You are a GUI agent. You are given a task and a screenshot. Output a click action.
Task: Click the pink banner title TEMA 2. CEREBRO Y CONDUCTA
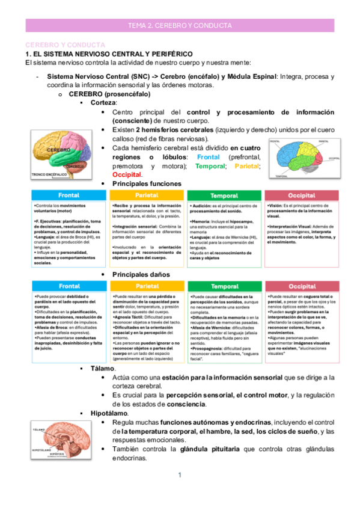click(x=180, y=26)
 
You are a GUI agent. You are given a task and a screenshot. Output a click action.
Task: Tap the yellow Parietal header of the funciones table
click(x=147, y=195)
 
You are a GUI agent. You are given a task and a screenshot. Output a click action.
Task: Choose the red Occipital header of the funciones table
click(x=302, y=195)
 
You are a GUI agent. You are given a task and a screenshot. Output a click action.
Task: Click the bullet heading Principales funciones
click(x=147, y=183)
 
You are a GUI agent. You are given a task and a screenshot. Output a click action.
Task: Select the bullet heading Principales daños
click(x=141, y=275)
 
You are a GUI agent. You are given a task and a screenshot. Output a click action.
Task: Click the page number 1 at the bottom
click(x=180, y=476)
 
